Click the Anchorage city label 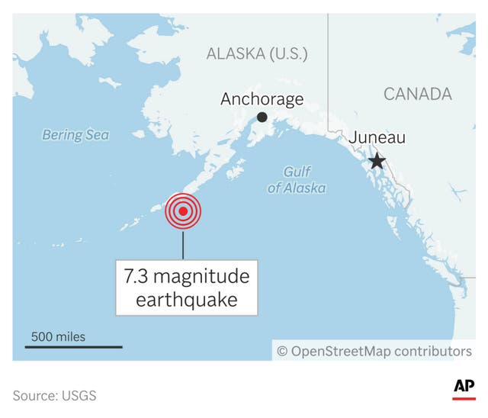[x=262, y=99]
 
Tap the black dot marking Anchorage [x=262, y=117]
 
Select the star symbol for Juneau [x=377, y=161]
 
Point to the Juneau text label [x=377, y=138]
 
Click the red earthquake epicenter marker [x=183, y=211]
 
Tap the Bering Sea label [x=75, y=135]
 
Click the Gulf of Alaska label [x=297, y=180]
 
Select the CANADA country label [x=417, y=94]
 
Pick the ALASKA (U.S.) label [x=257, y=53]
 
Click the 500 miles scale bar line [x=73, y=347]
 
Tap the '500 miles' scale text [x=58, y=336]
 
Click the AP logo [x=464, y=387]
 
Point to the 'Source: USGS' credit [x=54, y=396]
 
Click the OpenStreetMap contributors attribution [x=374, y=351]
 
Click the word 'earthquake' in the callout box [x=187, y=300]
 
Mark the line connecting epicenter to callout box [x=183, y=244]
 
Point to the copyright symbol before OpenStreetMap [x=282, y=351]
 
